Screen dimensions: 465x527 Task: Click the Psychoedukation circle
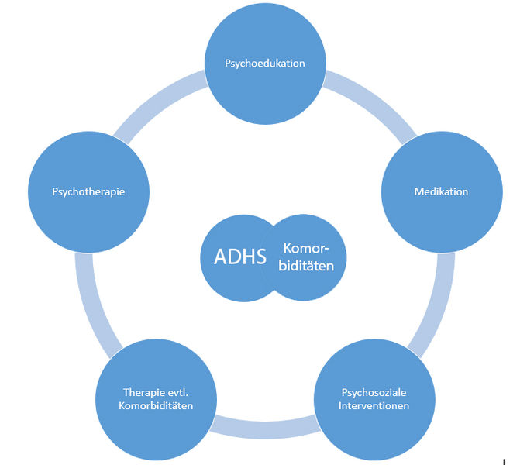pos(264,85)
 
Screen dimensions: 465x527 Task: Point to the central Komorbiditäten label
pos(307,257)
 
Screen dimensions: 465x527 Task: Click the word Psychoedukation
pos(264,64)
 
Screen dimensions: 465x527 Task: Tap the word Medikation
pos(440,191)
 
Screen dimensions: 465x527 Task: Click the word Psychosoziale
pos(374,392)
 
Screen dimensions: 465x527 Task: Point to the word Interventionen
pos(374,405)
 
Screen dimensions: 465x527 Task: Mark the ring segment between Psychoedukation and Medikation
pos(363,102)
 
